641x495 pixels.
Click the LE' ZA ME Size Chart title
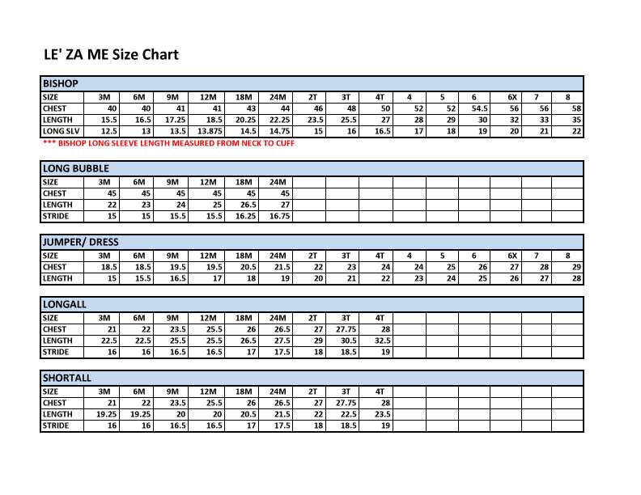click(111, 55)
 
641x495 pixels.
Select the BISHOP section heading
click(60, 83)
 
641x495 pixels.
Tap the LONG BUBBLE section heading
click(75, 168)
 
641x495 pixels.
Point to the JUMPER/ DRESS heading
click(80, 242)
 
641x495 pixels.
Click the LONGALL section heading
click(66, 304)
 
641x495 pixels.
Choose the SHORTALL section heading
click(67, 378)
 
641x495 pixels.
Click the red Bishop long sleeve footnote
click(168, 143)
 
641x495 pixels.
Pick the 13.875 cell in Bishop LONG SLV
click(210, 131)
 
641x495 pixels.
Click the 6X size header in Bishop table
click(512, 97)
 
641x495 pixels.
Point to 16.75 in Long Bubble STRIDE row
click(279, 217)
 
